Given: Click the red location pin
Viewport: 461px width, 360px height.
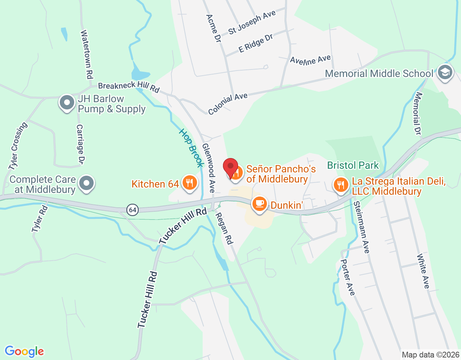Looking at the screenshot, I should pyautogui.click(x=230, y=168).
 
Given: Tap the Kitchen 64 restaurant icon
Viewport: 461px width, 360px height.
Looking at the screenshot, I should pyautogui.click(x=189, y=183).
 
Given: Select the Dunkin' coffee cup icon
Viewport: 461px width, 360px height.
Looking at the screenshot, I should pyautogui.click(x=260, y=204).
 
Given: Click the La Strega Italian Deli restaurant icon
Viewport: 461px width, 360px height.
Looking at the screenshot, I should pyautogui.click(x=341, y=185).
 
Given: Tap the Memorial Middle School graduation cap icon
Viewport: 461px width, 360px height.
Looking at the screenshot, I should pyautogui.click(x=445, y=73).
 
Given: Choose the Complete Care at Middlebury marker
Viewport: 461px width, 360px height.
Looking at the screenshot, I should pyautogui.click(x=86, y=183).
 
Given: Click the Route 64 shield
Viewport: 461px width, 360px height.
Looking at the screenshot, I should pyautogui.click(x=133, y=210).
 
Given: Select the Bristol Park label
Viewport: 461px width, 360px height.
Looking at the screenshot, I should pyautogui.click(x=353, y=165).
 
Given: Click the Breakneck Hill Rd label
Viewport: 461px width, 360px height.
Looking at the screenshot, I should pyautogui.click(x=129, y=87).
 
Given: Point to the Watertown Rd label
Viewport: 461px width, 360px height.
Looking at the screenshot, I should pyautogui.click(x=86, y=54).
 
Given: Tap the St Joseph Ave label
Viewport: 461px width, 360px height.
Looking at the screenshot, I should pyautogui.click(x=252, y=22).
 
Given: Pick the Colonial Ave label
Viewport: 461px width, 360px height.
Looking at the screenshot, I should pyautogui.click(x=228, y=103).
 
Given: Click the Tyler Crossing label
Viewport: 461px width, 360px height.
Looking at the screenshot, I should pyautogui.click(x=18, y=146).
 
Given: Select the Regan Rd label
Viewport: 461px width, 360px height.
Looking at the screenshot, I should pyautogui.click(x=224, y=228).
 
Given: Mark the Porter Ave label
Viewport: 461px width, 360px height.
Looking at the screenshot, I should pyautogui.click(x=348, y=277).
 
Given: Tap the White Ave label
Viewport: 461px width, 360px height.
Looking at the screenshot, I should pyautogui.click(x=423, y=271).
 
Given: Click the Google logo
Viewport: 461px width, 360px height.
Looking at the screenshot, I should pyautogui.click(x=24, y=351).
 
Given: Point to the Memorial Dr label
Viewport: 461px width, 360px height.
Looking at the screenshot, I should pyautogui.click(x=418, y=113).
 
